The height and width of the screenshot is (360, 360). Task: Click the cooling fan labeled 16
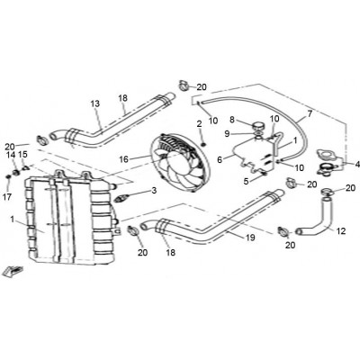[x=176, y=163]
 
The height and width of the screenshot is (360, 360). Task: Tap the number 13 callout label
[x=95, y=103]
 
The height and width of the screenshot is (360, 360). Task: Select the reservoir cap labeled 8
[x=258, y=125]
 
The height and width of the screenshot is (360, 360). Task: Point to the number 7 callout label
[x=310, y=113]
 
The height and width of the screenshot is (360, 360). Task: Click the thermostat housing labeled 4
[x=328, y=164]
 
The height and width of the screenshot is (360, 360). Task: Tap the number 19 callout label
[x=250, y=238]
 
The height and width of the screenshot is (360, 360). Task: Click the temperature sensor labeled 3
[x=121, y=199]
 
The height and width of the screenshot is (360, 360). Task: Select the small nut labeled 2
[x=203, y=145]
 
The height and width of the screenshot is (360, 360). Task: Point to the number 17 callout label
[x=7, y=197]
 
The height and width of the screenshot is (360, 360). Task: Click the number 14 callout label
[x=11, y=155]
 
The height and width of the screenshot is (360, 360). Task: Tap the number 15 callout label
[x=22, y=155]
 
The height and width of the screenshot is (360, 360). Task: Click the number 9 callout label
[x=227, y=134]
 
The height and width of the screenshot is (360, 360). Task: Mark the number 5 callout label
[x=246, y=182]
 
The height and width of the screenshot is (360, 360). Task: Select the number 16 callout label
[x=124, y=159]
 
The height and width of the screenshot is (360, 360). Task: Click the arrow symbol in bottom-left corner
[x=13, y=271]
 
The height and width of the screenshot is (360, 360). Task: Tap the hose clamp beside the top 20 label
[x=184, y=85]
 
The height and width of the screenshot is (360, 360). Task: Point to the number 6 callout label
[x=220, y=160]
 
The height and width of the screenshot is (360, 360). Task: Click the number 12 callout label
[x=341, y=231]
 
